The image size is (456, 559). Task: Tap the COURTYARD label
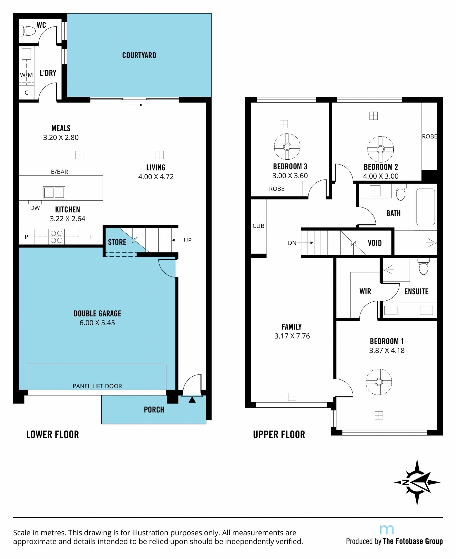(139, 55)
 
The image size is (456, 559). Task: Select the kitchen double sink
(54, 193)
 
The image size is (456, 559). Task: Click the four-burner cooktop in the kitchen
(57, 236)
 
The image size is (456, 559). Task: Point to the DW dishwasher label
(35, 208)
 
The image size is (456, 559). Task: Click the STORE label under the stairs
(117, 242)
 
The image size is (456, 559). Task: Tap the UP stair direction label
(188, 240)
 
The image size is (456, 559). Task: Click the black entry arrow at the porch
(192, 400)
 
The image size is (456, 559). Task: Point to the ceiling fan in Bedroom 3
(287, 147)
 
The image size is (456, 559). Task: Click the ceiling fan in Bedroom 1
(379, 382)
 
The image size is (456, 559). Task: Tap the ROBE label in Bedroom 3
(277, 189)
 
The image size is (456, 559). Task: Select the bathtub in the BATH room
(426, 207)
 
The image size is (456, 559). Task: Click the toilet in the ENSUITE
(423, 266)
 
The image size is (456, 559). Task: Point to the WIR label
(365, 291)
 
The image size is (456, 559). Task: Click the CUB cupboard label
(258, 226)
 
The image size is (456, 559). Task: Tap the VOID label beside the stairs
(375, 243)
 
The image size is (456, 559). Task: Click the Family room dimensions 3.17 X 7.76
(292, 336)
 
